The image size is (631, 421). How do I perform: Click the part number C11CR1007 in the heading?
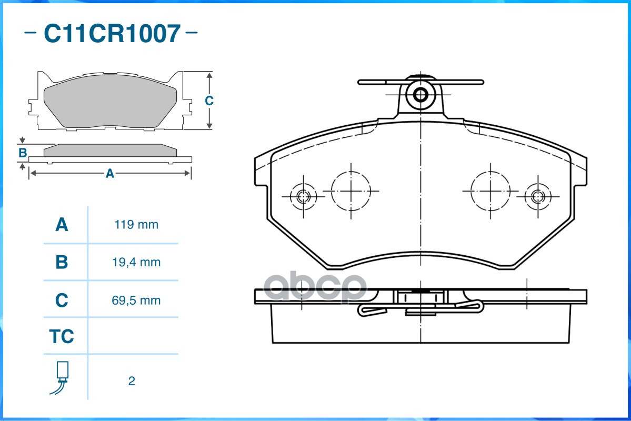(x=112, y=34)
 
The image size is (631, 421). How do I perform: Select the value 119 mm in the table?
(x=136, y=225)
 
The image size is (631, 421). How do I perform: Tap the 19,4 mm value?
(x=137, y=262)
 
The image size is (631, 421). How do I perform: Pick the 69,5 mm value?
(x=137, y=300)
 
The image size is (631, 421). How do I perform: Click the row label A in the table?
(x=62, y=225)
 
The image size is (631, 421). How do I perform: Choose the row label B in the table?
(x=62, y=262)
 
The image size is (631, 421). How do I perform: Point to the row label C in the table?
(x=62, y=300)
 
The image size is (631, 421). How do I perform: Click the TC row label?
(x=62, y=336)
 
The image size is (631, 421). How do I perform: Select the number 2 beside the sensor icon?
(x=132, y=381)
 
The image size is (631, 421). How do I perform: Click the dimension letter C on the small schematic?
(x=209, y=101)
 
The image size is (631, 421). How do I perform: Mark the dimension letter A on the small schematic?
(x=109, y=173)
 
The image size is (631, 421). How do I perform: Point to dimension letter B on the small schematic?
(x=22, y=153)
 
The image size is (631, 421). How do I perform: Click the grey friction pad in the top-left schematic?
(x=111, y=105)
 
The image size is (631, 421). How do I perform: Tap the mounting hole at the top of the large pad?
(x=420, y=95)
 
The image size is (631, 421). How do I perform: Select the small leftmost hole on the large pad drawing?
(x=303, y=197)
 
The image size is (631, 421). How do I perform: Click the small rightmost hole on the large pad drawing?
(x=537, y=197)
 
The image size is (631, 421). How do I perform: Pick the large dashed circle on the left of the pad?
(x=350, y=190)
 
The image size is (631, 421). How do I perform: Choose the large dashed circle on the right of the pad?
(x=490, y=190)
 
